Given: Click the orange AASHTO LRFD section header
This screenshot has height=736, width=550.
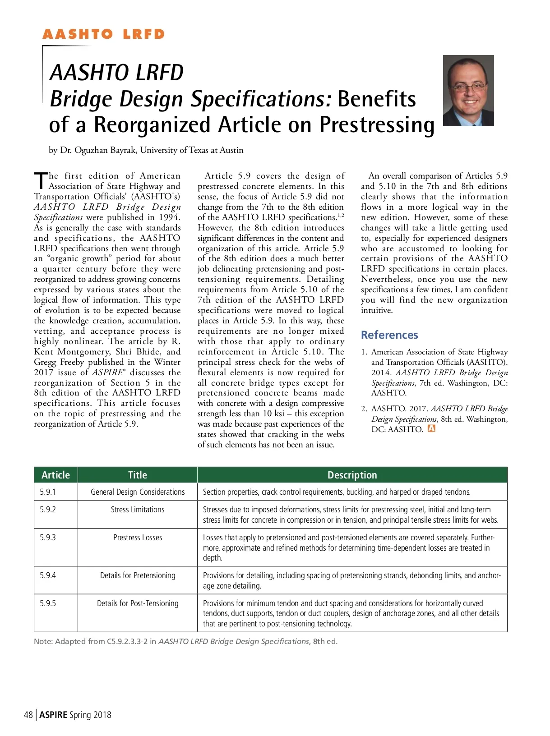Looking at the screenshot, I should (103, 34).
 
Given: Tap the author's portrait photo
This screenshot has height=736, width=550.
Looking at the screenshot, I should (468, 91).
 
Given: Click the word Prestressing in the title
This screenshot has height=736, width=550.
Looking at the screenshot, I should (377, 125).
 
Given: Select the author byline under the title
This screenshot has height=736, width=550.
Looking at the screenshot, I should (146, 150).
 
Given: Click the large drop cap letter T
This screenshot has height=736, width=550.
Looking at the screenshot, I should (41, 181).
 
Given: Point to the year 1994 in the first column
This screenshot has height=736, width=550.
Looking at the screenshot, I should (169, 217).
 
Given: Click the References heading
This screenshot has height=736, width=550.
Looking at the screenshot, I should (389, 335).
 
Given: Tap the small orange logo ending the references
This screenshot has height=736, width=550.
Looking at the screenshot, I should (431, 428).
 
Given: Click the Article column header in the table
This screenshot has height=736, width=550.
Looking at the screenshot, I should (55, 475).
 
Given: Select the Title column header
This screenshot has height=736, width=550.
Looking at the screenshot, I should (137, 475).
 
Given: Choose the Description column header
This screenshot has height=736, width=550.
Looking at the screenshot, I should (352, 475).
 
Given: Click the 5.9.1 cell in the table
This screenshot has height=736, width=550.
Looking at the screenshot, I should (48, 492).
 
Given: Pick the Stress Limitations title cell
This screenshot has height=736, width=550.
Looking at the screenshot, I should (138, 510).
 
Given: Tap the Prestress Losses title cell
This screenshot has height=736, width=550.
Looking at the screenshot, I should (138, 538).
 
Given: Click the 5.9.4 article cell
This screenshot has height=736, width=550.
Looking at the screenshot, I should (48, 575).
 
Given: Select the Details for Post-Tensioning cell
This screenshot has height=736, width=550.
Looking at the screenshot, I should (138, 603).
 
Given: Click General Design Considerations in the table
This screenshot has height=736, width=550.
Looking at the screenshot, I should (138, 492).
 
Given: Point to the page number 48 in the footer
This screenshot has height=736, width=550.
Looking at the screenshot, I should (28, 715).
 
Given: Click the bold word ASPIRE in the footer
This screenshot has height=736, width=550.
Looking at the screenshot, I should (53, 715).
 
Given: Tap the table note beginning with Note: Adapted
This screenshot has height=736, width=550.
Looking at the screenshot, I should (185, 641).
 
